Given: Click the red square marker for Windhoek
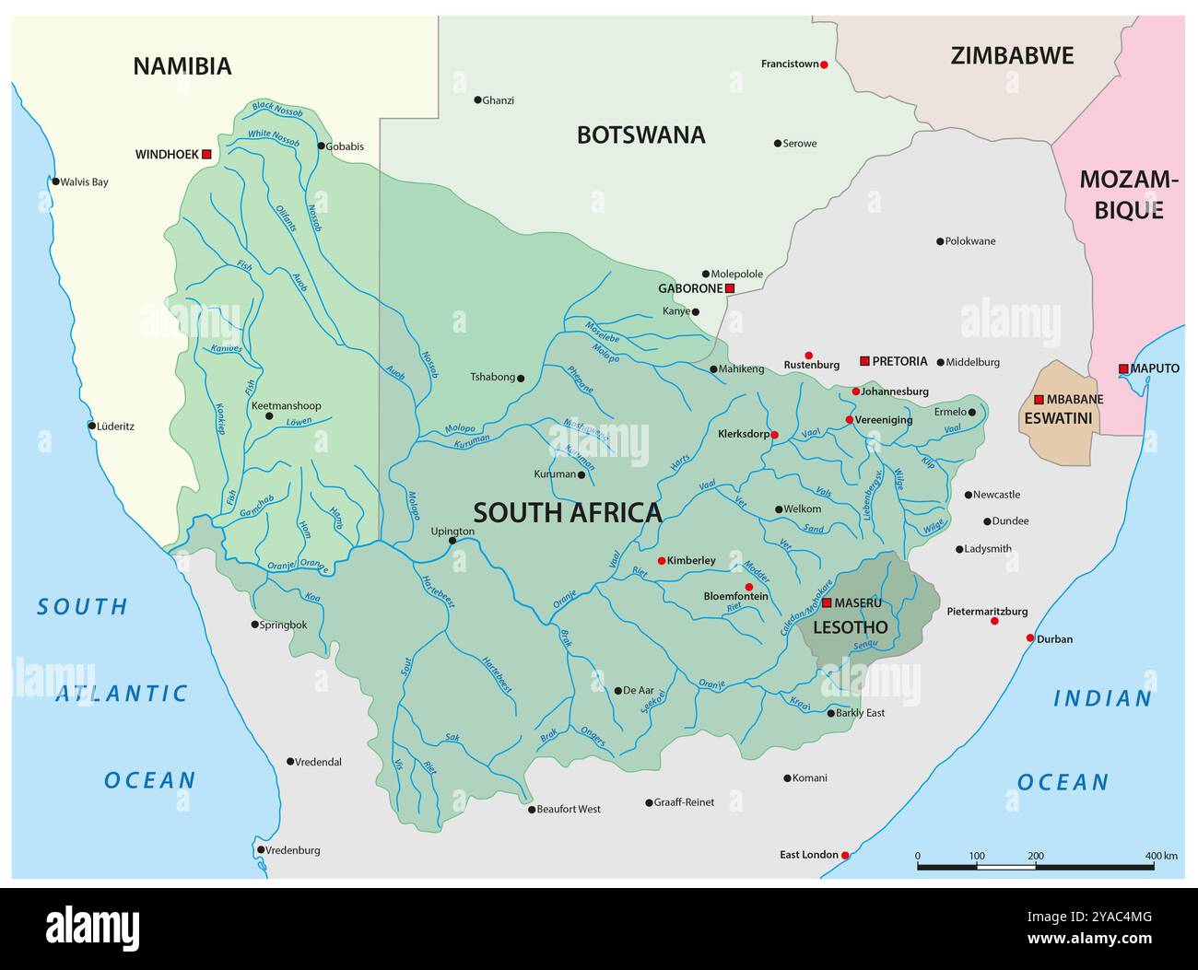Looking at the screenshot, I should (206, 155).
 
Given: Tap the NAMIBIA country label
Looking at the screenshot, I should (182, 66).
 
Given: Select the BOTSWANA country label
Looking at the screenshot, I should (640, 135).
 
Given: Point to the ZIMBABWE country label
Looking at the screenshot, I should (1012, 56).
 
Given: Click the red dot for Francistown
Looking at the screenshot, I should (824, 64).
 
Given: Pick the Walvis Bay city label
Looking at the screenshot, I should (84, 181).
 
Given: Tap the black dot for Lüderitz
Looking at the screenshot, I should (92, 426).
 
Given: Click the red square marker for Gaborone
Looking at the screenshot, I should (729, 289).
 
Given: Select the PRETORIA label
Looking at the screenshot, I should (899, 361).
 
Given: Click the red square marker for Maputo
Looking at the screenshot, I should (1123, 369).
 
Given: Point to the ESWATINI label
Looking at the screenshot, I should (1057, 418).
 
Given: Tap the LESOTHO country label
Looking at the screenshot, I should (850, 627).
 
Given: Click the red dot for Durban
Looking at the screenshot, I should (1030, 638).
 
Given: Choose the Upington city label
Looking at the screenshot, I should (452, 531).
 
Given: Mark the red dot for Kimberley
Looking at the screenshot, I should (662, 561).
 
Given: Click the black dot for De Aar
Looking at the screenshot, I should (618, 691).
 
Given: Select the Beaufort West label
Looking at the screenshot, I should (569, 809).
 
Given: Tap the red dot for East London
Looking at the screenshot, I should (845, 856).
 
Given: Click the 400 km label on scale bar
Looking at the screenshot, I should (1161, 856).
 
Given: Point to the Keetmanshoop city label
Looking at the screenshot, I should (286, 405).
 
